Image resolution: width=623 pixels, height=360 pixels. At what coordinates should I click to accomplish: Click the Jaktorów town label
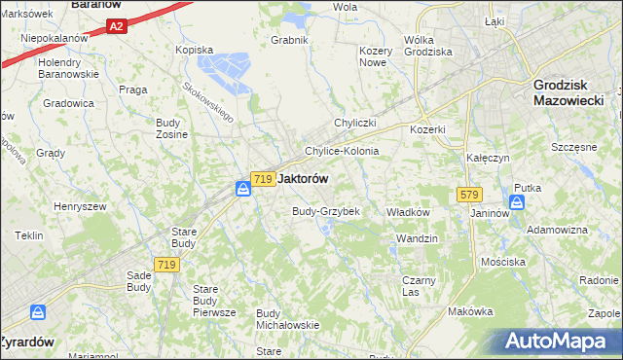(303, 179)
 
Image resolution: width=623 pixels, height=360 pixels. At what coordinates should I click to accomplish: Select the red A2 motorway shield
(116, 27)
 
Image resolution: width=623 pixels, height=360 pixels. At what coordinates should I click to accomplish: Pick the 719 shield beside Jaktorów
(261, 179)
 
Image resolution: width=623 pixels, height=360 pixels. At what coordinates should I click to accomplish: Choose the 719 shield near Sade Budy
(165, 265)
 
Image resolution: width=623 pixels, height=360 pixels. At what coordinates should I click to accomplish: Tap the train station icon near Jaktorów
(243, 188)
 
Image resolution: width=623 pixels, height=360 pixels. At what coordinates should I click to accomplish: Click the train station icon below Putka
(517, 202)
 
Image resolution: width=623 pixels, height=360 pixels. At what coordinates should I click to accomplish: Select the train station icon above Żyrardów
(38, 312)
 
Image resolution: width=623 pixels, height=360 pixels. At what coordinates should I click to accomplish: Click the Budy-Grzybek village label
(327, 211)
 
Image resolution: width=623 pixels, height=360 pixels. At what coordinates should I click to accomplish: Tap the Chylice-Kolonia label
(341, 152)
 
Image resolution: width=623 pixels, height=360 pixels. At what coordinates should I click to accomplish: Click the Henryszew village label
(80, 206)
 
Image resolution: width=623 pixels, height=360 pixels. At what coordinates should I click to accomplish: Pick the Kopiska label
(194, 49)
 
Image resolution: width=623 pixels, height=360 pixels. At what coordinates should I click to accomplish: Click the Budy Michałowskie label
(287, 319)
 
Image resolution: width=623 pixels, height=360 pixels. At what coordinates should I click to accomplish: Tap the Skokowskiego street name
(208, 100)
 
